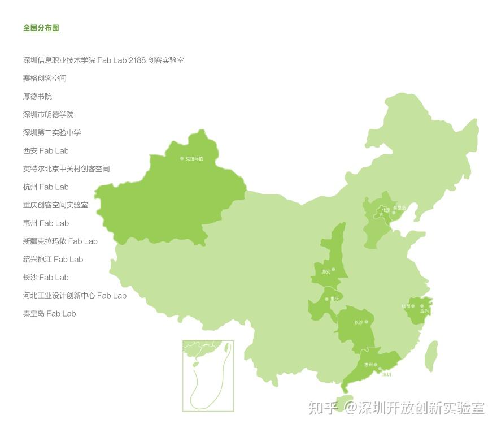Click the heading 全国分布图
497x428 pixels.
click(x=41, y=28)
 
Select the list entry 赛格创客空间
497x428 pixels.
click(x=45, y=78)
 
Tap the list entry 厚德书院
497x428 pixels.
click(x=37, y=96)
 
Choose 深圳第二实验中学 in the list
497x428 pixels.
click(x=52, y=132)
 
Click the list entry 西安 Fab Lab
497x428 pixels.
click(x=46, y=150)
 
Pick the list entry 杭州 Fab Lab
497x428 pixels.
click(x=46, y=187)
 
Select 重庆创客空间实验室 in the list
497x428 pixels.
click(x=55, y=205)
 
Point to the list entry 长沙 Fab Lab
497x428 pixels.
click(x=46, y=277)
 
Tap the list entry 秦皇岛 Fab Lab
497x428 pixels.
click(x=49, y=313)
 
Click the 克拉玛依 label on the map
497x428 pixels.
click(x=194, y=159)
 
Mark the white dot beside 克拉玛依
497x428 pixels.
click(x=182, y=159)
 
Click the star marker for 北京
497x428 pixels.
click(x=381, y=215)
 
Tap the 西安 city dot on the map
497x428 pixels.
click(x=333, y=269)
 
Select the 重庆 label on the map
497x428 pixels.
click(x=335, y=299)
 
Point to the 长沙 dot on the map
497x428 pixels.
click(x=366, y=322)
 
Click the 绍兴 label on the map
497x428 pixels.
click(x=425, y=311)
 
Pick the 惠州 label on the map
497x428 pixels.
click(x=368, y=365)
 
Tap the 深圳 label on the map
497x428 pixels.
click(x=386, y=374)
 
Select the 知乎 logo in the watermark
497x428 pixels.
click(x=324, y=408)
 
